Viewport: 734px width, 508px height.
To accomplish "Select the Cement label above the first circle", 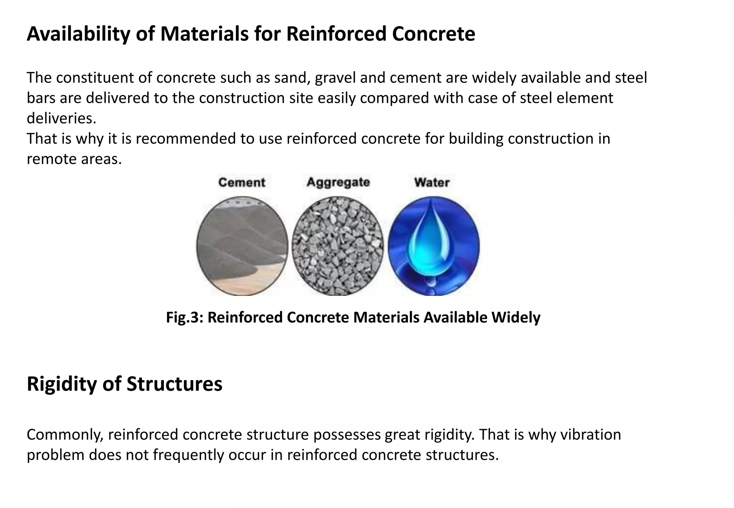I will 242,182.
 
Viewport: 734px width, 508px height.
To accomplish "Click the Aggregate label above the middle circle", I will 338,182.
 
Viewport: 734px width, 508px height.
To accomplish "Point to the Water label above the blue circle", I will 432,182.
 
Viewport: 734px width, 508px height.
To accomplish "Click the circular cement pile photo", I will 242,246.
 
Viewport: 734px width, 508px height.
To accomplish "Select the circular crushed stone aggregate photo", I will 337,246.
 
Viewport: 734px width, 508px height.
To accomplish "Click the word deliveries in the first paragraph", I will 61,118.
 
